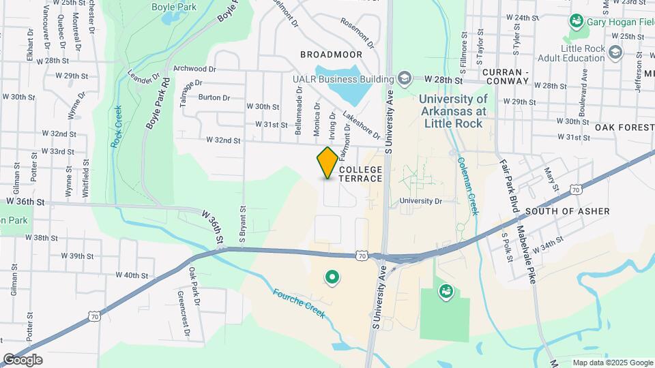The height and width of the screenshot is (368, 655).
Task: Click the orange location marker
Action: point(327,163)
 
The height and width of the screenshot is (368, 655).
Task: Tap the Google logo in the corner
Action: point(22,360)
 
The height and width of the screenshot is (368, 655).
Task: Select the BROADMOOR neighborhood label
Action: point(330,52)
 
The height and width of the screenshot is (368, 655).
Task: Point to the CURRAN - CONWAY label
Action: point(506,76)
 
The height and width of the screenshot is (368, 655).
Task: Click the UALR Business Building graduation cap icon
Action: point(405,79)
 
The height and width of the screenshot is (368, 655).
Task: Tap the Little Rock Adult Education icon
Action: point(616,52)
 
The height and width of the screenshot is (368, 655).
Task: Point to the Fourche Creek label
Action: point(299,303)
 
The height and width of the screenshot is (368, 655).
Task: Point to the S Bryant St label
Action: point(242,223)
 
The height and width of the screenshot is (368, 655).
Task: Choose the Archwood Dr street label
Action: point(195,69)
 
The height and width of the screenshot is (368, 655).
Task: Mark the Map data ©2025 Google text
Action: point(612,363)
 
